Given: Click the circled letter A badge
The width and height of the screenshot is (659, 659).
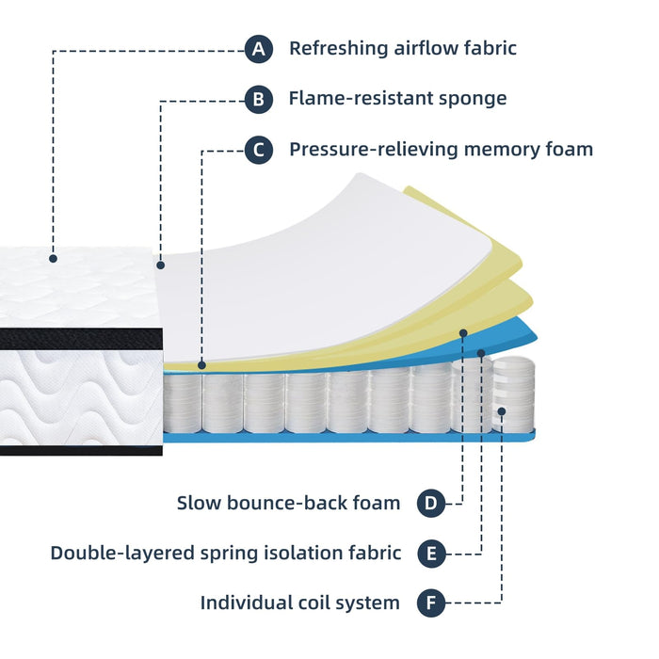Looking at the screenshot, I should point(259,48).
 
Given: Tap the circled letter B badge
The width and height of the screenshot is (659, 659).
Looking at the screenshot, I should point(259,99).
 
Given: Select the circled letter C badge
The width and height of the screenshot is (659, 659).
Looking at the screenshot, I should point(259,150).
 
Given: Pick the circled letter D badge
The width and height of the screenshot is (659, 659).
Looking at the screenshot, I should point(431,504).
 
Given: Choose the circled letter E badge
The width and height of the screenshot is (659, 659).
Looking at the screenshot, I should point(431,554).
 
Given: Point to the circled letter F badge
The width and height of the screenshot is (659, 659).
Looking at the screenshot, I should point(431,603).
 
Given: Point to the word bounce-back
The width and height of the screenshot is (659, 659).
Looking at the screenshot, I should point(290,504).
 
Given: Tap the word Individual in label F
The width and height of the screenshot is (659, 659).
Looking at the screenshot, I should point(247,603).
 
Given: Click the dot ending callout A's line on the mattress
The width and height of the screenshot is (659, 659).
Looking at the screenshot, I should point(54,257).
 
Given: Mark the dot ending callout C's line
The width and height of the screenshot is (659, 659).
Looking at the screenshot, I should point(202,363).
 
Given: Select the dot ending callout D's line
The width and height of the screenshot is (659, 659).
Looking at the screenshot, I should point(463,332).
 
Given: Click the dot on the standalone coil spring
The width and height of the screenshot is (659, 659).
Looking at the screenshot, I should point(502,411).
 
